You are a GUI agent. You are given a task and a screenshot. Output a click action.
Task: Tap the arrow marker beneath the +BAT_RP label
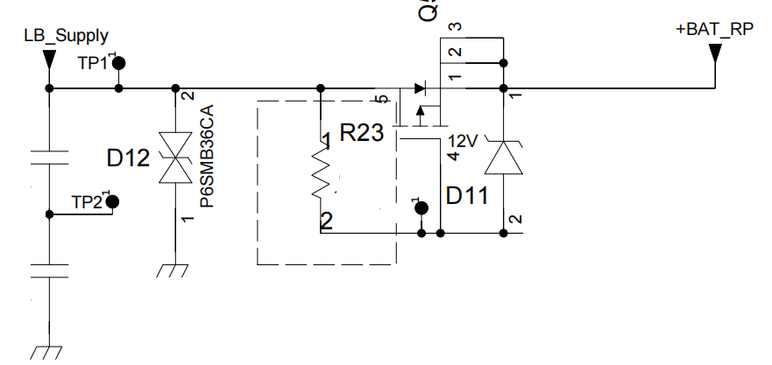click(715, 53)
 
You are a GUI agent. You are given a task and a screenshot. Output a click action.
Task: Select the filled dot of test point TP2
click(111, 202)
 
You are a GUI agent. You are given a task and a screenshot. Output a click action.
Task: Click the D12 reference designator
click(128, 158)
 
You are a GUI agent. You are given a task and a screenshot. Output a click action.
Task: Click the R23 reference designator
click(361, 134)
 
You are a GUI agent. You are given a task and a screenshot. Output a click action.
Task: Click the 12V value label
click(463, 141)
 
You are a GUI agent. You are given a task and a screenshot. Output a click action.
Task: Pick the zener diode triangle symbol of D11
click(504, 159)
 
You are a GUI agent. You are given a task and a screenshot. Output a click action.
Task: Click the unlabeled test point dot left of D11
click(421, 208)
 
